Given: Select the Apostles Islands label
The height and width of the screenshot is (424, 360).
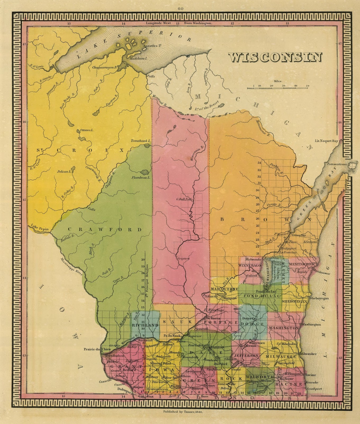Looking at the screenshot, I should point(152,46).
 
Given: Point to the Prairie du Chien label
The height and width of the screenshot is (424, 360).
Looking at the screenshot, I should point(92,349).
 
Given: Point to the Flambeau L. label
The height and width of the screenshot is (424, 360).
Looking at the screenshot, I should point(141,177).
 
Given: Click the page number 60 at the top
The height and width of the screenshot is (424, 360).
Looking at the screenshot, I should point(181,9).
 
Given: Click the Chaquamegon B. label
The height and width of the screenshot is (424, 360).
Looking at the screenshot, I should point(105,67).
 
